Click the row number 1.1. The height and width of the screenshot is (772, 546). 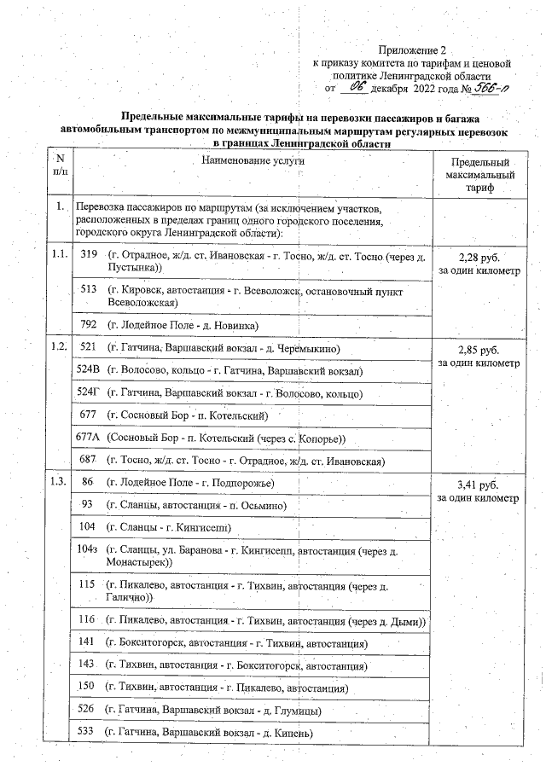[x=58, y=255]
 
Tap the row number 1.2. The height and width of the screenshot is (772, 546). [x=58, y=347]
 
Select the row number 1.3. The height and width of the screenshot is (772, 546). [x=58, y=483]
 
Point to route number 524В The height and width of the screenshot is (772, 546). [x=89, y=371]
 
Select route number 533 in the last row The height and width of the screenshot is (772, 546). [x=85, y=732]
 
